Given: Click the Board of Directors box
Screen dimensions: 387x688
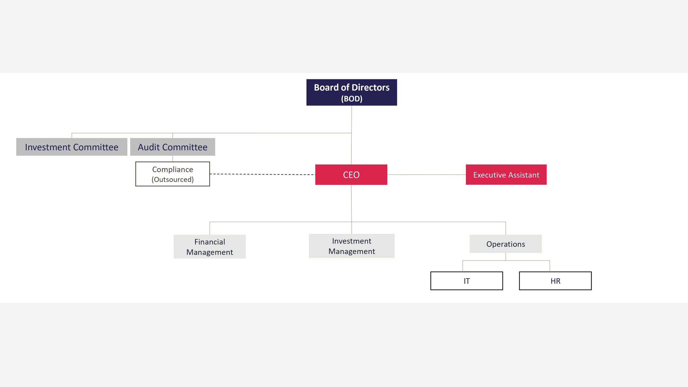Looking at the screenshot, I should (x=351, y=92).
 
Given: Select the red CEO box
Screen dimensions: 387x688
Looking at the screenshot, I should (x=351, y=175).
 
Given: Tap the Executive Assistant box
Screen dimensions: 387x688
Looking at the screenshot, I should (x=506, y=175).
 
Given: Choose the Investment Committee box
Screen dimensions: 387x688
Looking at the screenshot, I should (x=72, y=147).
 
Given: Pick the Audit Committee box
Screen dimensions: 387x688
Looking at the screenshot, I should (x=173, y=147).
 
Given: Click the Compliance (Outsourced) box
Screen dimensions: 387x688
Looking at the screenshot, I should (x=173, y=174).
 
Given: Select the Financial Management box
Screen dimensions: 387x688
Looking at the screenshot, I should (x=209, y=247).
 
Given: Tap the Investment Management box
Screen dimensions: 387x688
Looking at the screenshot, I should (x=351, y=246).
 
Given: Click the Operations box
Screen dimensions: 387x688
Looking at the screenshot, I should (x=506, y=244).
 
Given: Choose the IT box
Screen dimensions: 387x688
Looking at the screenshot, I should (x=466, y=281).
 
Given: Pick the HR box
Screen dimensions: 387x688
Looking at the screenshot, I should (x=555, y=281).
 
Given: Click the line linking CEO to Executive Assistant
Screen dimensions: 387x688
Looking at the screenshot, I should (x=426, y=175).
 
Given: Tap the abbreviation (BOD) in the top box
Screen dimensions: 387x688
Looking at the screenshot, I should (x=351, y=99).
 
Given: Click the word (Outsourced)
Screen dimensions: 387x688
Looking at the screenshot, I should (x=173, y=179).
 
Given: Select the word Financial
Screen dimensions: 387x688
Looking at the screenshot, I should (x=209, y=242).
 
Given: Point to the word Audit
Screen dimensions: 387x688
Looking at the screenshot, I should (x=149, y=147).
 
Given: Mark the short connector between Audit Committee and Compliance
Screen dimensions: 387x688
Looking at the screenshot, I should (x=173, y=159).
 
